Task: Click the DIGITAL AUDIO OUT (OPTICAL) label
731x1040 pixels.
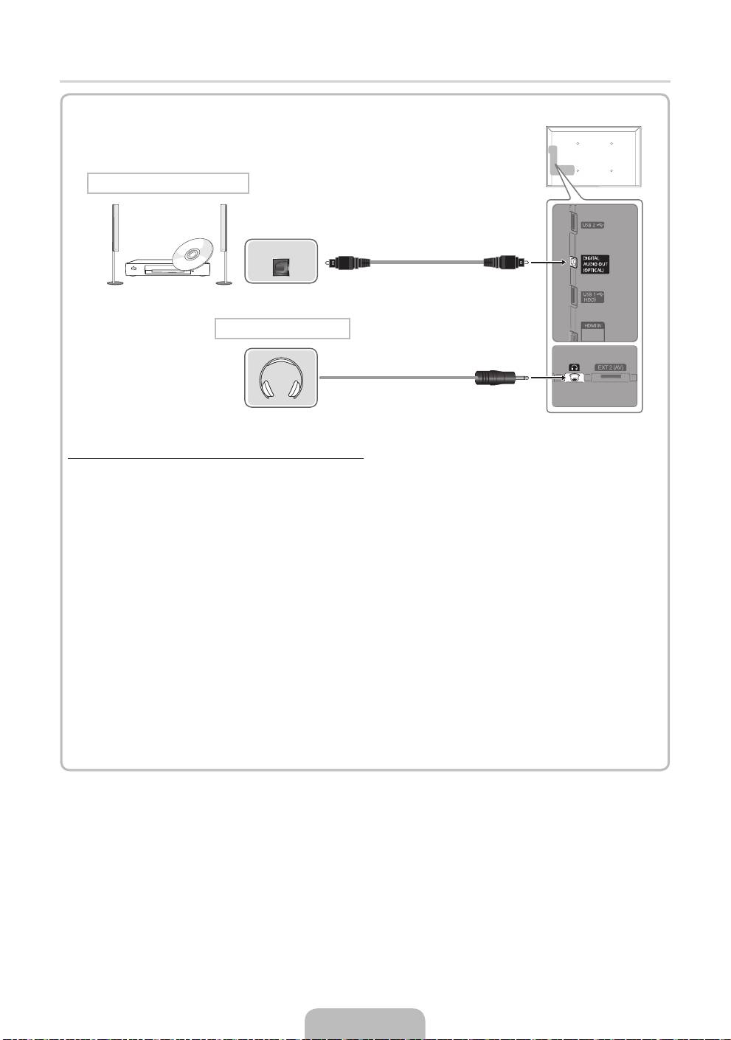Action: tap(595, 264)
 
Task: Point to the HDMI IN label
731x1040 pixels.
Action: tap(593, 325)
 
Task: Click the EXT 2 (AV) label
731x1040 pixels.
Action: tap(611, 367)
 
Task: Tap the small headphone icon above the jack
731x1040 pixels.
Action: tap(574, 367)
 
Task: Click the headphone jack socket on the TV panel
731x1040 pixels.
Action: tap(574, 377)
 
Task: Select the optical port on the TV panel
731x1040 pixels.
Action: tap(572, 262)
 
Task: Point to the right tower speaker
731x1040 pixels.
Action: tap(222, 243)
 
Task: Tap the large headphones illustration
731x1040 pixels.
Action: tap(281, 378)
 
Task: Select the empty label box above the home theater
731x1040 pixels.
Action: tap(168, 183)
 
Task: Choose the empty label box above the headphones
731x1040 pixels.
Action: tap(282, 328)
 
